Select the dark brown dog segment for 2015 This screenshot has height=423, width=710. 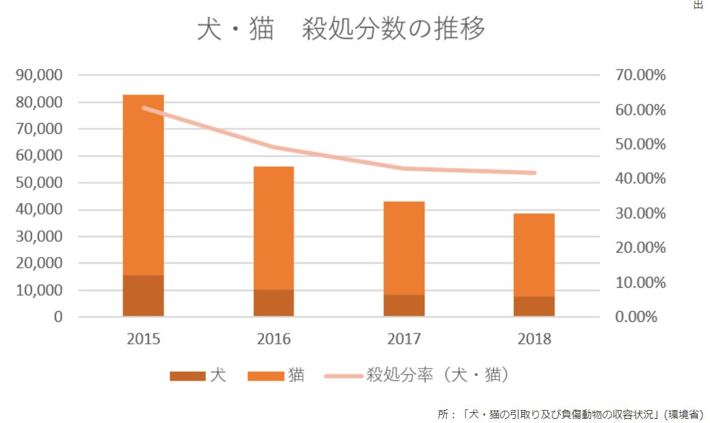[143, 295]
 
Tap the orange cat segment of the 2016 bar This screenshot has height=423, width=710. [274, 228]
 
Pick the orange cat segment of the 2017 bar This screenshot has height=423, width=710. [404, 247]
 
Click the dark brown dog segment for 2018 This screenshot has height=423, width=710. [534, 305]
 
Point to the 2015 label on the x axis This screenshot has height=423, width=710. [143, 339]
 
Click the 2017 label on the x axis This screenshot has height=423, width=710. [404, 339]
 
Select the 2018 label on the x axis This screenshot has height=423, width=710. [534, 339]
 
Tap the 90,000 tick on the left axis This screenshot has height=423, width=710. [39, 75]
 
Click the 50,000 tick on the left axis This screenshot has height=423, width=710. [39, 182]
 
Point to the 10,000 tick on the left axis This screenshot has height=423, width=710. [39, 290]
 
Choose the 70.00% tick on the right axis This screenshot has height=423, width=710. [640, 75]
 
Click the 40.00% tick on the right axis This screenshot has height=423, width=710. [640, 178]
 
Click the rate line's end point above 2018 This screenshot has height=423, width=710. [534, 173]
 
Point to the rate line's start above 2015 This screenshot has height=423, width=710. [144, 108]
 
